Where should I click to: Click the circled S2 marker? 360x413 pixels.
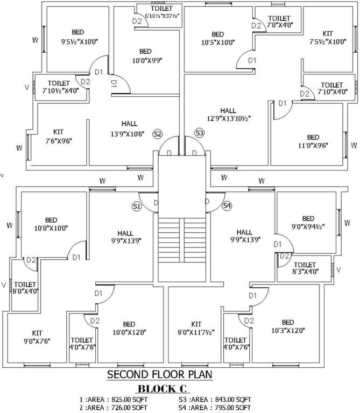158,134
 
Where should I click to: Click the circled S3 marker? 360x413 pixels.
200,132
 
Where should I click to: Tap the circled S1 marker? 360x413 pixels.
137,206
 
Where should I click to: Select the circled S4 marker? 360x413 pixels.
227,206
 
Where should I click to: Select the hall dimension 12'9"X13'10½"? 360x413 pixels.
228,118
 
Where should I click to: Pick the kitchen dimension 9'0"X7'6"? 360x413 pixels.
37,341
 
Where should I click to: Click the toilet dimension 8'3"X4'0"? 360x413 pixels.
305,273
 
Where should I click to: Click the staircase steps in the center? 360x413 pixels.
182,241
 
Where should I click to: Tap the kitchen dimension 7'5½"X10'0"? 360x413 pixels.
328,41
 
